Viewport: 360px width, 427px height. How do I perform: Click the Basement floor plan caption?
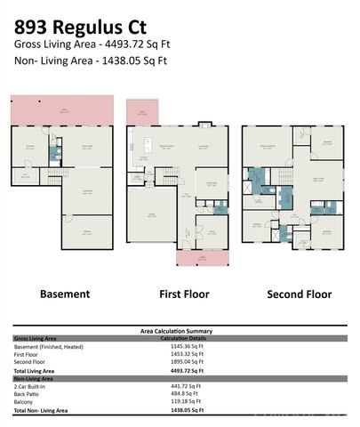click(64, 294)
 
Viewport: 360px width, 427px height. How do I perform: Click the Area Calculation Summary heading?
click(176, 331)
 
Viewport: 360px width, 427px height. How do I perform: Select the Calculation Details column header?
click(185, 338)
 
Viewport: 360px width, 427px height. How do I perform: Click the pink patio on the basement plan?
click(64, 111)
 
